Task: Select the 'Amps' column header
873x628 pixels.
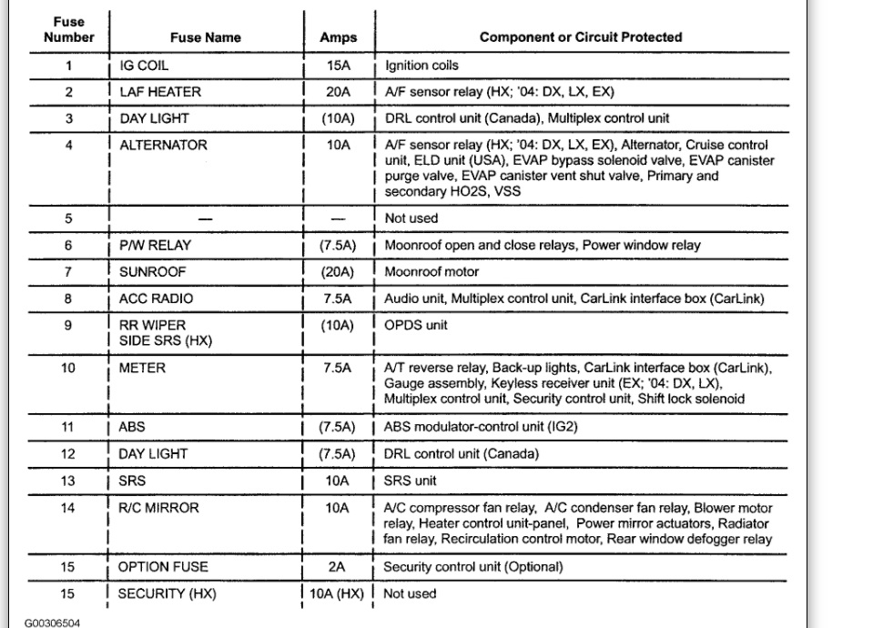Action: click(x=338, y=38)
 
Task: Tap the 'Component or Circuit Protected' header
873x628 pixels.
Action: click(x=581, y=38)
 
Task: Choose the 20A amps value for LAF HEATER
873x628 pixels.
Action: click(x=338, y=93)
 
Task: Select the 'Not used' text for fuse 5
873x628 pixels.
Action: click(x=411, y=218)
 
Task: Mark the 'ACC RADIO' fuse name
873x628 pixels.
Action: click(x=156, y=298)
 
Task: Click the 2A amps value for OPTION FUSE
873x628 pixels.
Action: click(x=338, y=566)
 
